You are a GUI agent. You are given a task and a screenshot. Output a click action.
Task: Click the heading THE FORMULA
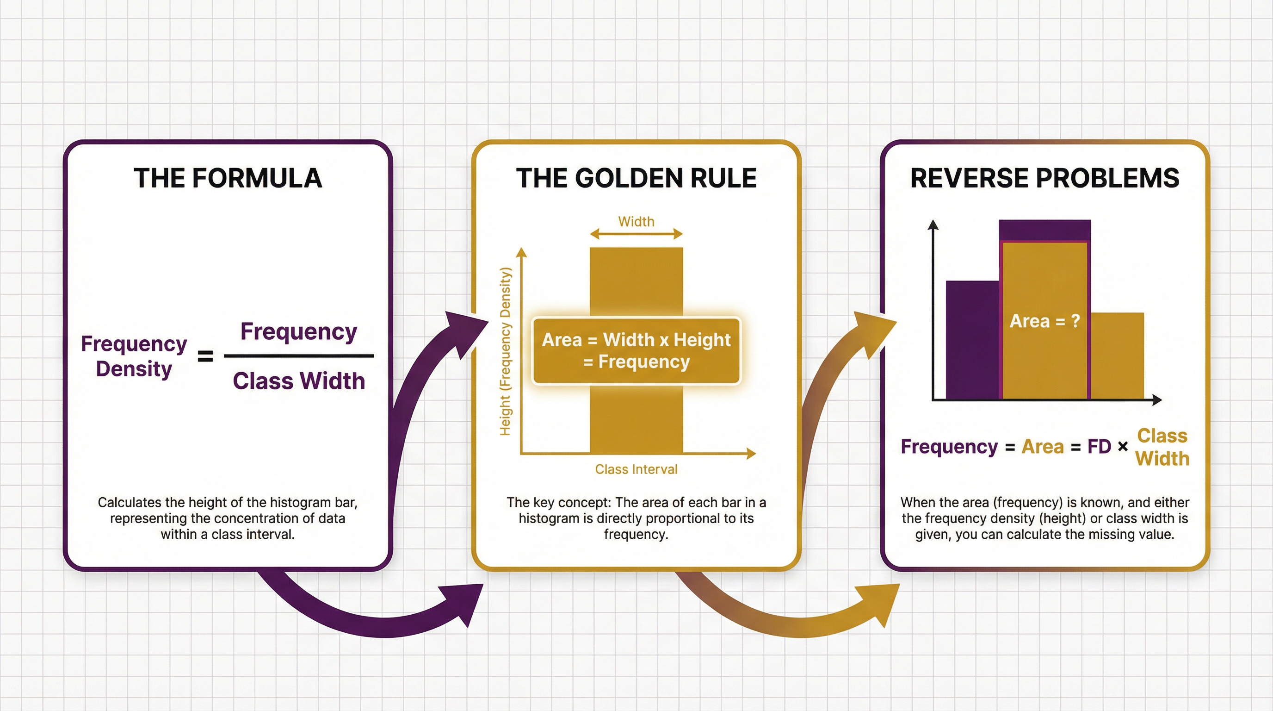(228, 178)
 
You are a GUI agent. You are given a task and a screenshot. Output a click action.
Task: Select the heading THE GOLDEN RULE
(636, 178)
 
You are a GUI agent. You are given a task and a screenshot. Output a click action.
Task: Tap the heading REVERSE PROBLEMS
(1044, 178)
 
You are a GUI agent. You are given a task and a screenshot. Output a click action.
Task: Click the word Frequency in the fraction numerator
(298, 331)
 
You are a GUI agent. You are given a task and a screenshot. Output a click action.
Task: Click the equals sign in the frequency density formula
(205, 356)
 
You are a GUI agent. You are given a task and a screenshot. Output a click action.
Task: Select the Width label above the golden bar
(636, 222)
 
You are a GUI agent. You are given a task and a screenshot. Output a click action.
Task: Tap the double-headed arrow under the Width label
(636, 234)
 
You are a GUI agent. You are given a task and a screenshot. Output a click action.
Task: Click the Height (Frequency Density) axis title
(505, 351)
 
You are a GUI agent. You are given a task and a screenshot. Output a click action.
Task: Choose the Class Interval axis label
(636, 469)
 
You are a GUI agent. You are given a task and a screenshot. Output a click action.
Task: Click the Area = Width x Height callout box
(636, 350)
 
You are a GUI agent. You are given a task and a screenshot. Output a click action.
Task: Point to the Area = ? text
(1044, 321)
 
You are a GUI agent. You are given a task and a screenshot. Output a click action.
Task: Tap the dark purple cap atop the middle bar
(1044, 230)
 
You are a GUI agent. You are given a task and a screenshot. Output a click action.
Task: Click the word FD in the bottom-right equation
(1099, 447)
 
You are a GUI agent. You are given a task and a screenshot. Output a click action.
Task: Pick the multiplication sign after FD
(1123, 447)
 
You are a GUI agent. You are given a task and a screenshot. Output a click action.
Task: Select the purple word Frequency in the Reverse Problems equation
(949, 447)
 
